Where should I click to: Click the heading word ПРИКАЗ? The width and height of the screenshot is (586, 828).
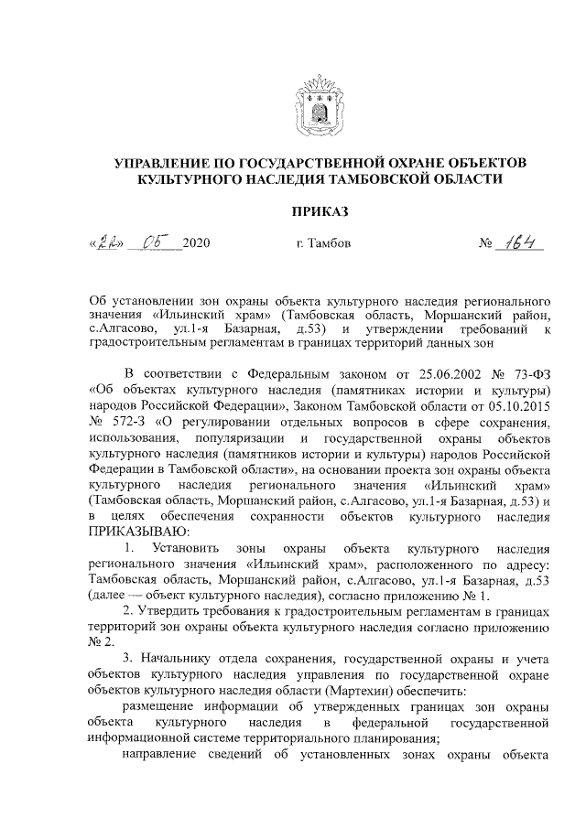click(x=320, y=211)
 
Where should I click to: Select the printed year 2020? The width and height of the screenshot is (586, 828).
click(x=197, y=244)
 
